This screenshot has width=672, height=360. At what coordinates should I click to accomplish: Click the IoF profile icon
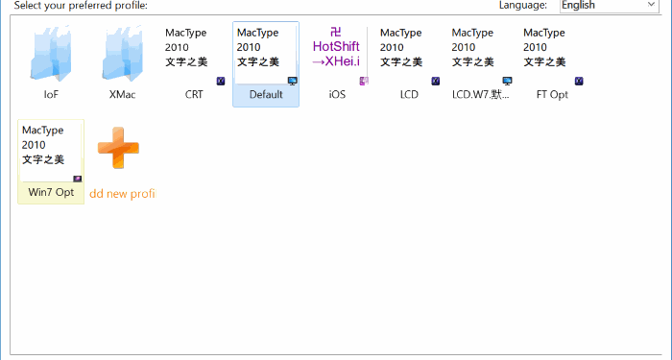[51, 55]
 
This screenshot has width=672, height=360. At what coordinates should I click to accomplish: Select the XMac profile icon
[122, 55]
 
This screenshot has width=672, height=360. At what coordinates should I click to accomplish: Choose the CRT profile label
[194, 95]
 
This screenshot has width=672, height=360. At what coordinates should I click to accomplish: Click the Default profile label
[266, 95]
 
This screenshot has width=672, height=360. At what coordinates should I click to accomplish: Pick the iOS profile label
[337, 95]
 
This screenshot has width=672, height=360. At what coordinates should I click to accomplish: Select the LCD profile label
[409, 95]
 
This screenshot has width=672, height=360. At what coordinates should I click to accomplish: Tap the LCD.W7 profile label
[481, 95]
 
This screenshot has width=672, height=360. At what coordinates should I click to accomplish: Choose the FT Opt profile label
[552, 95]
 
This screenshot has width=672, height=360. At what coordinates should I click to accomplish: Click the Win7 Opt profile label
[51, 192]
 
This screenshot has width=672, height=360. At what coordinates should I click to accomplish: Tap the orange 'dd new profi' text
[122, 193]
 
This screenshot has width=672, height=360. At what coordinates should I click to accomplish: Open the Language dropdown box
[609, 6]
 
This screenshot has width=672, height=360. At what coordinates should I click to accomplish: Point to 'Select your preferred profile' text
[81, 6]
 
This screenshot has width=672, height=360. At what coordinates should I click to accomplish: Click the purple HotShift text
[336, 46]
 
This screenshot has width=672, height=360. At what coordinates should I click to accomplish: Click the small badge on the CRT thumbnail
[220, 81]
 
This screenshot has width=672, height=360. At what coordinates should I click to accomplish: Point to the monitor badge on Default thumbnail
[292, 81]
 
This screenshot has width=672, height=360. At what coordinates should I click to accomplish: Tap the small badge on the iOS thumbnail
[363, 81]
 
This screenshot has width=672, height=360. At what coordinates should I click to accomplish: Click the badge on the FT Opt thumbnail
[578, 81]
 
